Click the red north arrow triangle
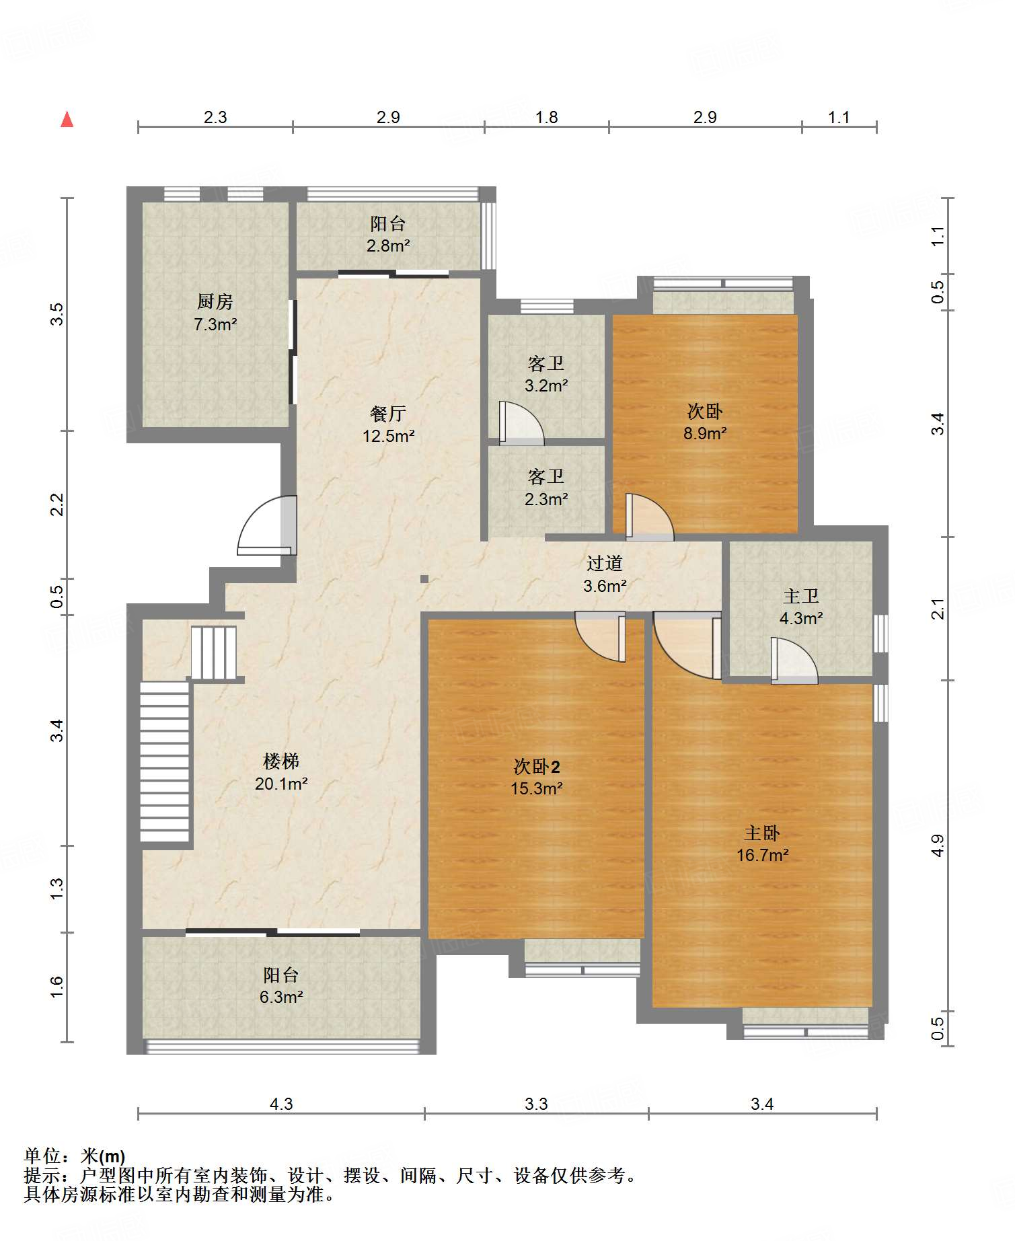click(67, 119)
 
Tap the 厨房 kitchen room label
click(215, 313)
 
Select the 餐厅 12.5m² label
click(389, 424)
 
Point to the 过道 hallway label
click(605, 574)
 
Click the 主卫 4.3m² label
click(801, 607)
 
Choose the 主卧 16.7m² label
click(762, 843)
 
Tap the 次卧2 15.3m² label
click(537, 777)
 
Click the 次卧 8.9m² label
click(705, 422)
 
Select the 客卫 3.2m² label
click(546, 374)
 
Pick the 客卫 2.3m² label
click(546, 488)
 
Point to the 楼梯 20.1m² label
click(281, 772)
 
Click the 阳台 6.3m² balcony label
click(281, 985)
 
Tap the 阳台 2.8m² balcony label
click(389, 234)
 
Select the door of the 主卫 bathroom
click(794, 661)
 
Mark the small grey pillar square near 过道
click(424, 578)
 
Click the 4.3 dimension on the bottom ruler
click(281, 1104)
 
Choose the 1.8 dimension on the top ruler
click(546, 117)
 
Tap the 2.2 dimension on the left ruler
click(58, 504)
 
